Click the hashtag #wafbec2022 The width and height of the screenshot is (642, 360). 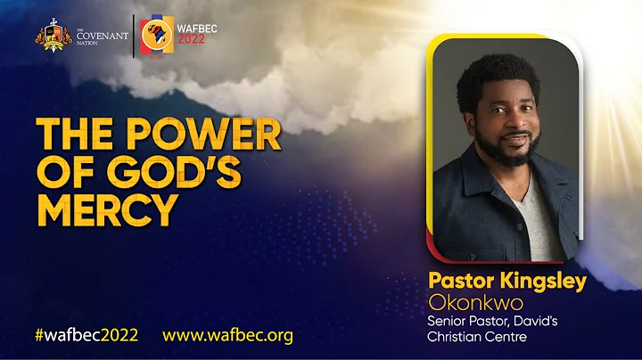86,336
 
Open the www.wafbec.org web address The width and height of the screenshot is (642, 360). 227,336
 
